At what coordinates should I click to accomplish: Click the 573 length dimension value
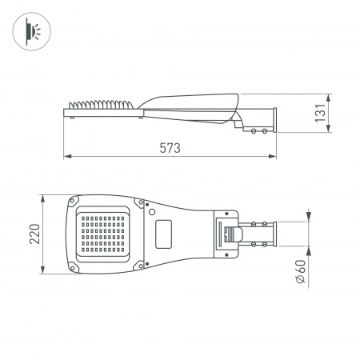pyautogui.click(x=169, y=147)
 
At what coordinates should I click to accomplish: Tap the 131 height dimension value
pyautogui.click(x=320, y=114)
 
